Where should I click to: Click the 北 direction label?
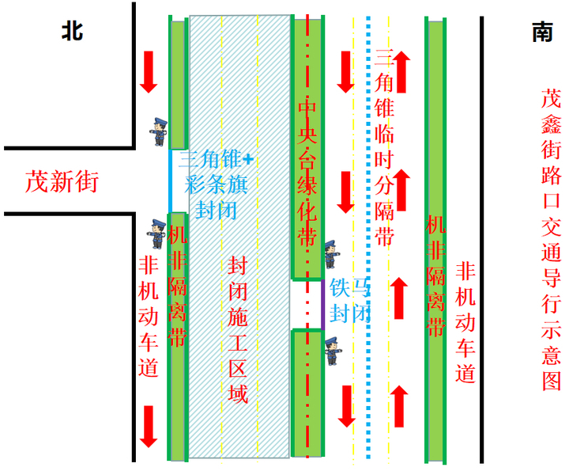click(x=72, y=31)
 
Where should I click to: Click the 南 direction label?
click(x=542, y=32)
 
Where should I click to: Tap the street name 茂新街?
click(x=62, y=181)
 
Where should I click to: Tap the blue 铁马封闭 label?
click(x=350, y=299)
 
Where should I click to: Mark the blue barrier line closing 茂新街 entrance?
click(x=171, y=180)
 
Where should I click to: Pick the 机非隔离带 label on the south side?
click(x=435, y=277)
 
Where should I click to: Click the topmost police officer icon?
click(x=159, y=131)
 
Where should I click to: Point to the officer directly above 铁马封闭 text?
click(x=332, y=253)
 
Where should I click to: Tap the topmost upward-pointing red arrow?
click(x=401, y=71)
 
